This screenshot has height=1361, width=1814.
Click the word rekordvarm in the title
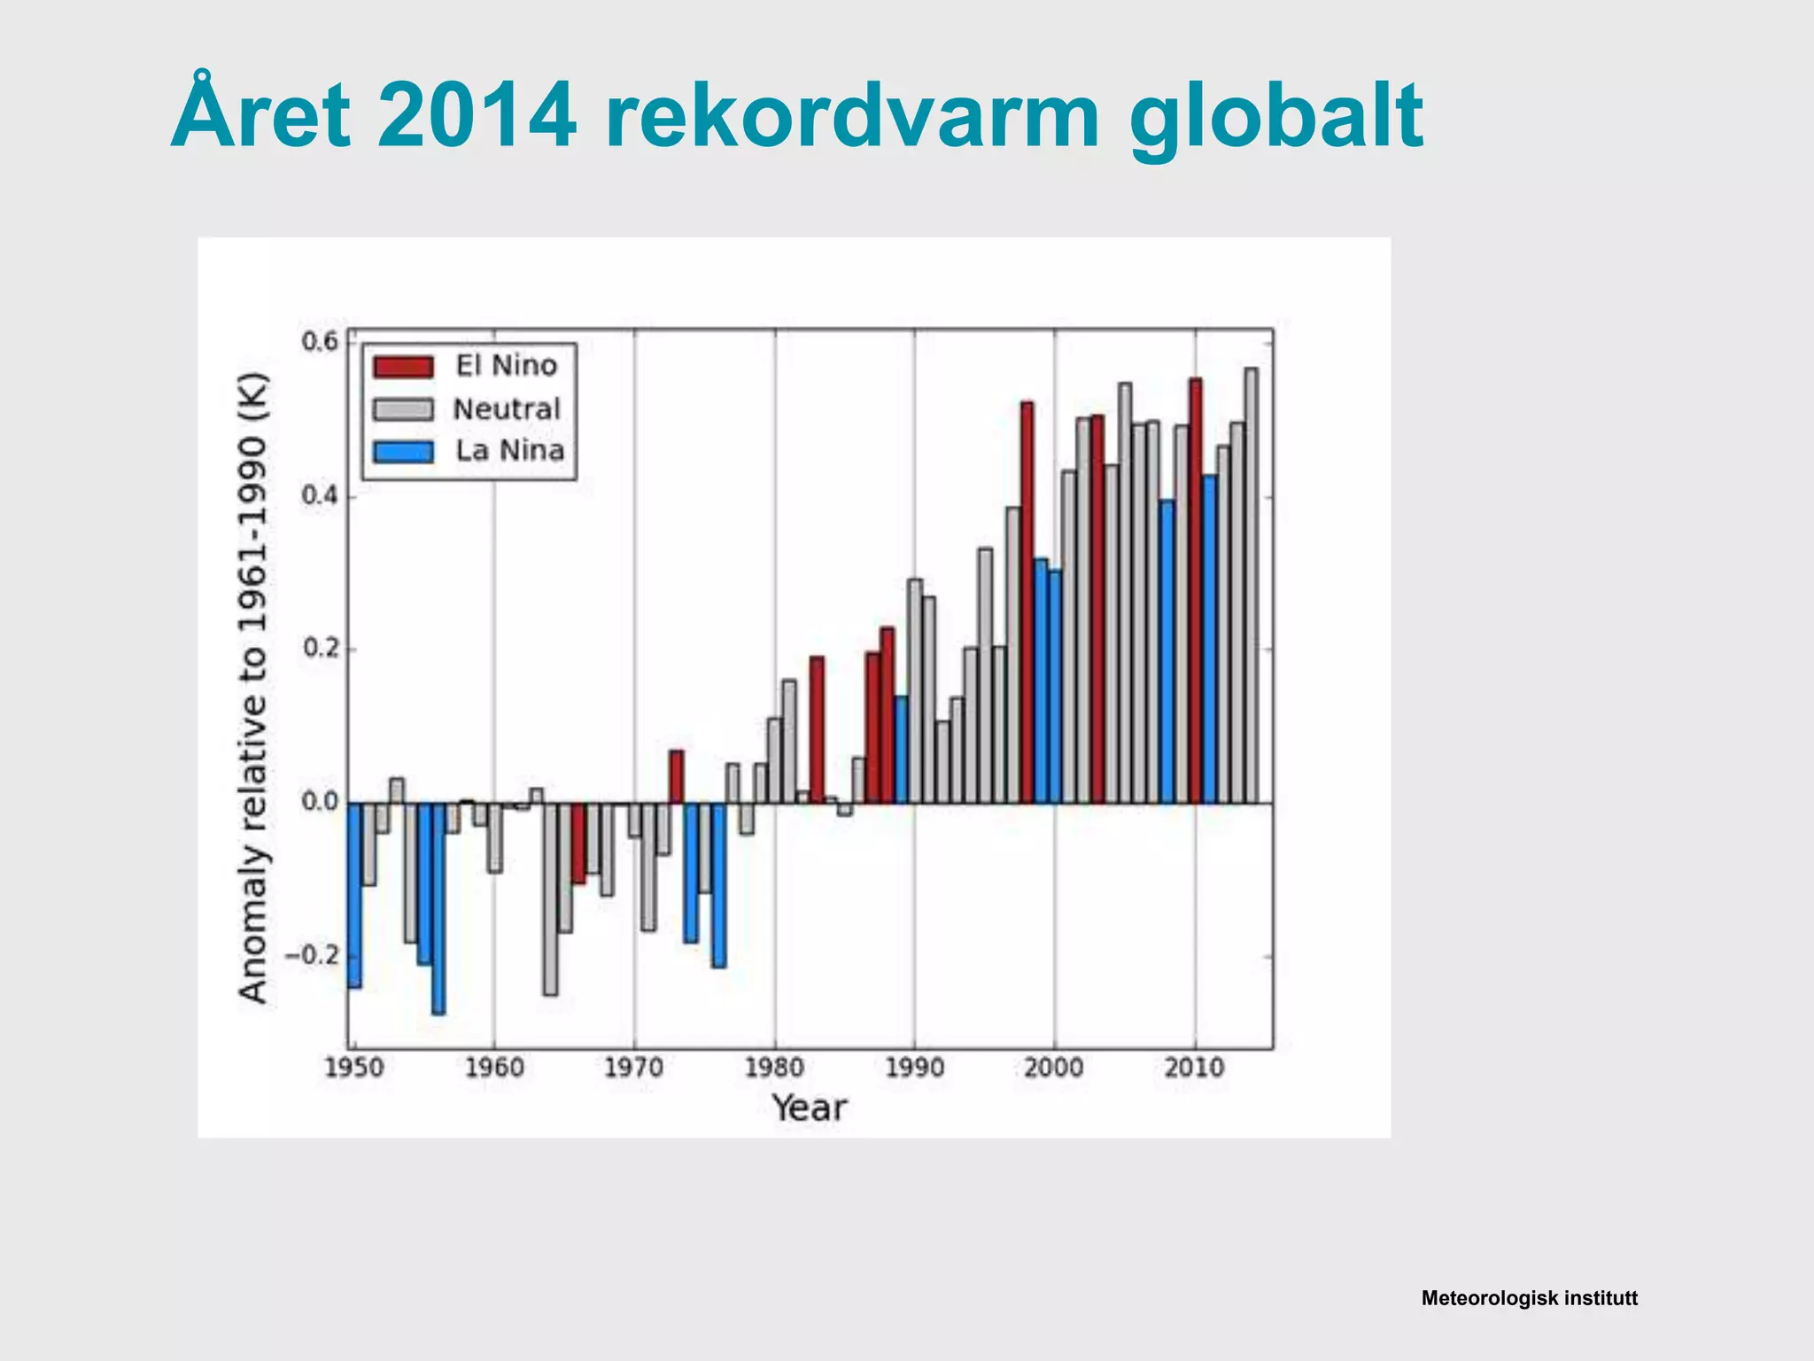pos(850,115)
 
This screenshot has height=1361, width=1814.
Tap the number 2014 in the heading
pos(476,115)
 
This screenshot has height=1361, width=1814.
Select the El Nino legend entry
pos(506,366)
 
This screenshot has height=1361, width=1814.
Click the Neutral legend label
pos(507,409)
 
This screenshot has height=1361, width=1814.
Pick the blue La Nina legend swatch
pos(403,452)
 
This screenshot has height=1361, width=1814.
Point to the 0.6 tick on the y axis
pos(320,342)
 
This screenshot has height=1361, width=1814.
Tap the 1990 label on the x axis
pos(914,1068)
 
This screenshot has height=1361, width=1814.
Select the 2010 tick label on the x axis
pos(1194,1068)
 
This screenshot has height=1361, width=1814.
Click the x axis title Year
pos(809,1108)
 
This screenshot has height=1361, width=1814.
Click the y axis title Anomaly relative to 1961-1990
pos(253,688)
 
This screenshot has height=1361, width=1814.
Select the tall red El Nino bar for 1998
pos(1027,603)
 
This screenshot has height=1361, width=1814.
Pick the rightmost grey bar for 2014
pos(1251,585)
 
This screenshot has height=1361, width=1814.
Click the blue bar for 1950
pos(354,895)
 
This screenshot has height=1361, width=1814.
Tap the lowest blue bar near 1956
pos(438,908)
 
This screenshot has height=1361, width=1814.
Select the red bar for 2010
pos(1195,590)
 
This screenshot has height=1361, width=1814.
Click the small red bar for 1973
pos(676,777)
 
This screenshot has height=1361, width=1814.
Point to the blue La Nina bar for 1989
pos(901,750)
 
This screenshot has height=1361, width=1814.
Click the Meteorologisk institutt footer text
pos(1529,1299)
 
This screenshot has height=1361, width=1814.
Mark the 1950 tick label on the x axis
pos(354,1068)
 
